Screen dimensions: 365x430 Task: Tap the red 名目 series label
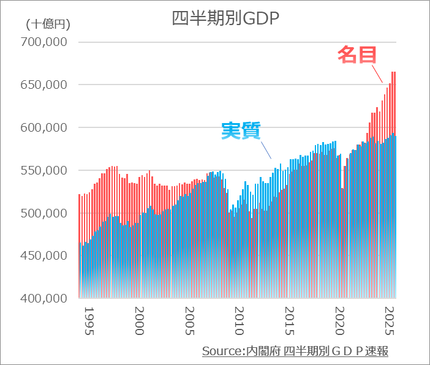(x=357, y=55)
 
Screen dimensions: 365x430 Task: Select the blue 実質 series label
(x=241, y=130)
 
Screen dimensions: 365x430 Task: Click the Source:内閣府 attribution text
(x=295, y=351)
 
